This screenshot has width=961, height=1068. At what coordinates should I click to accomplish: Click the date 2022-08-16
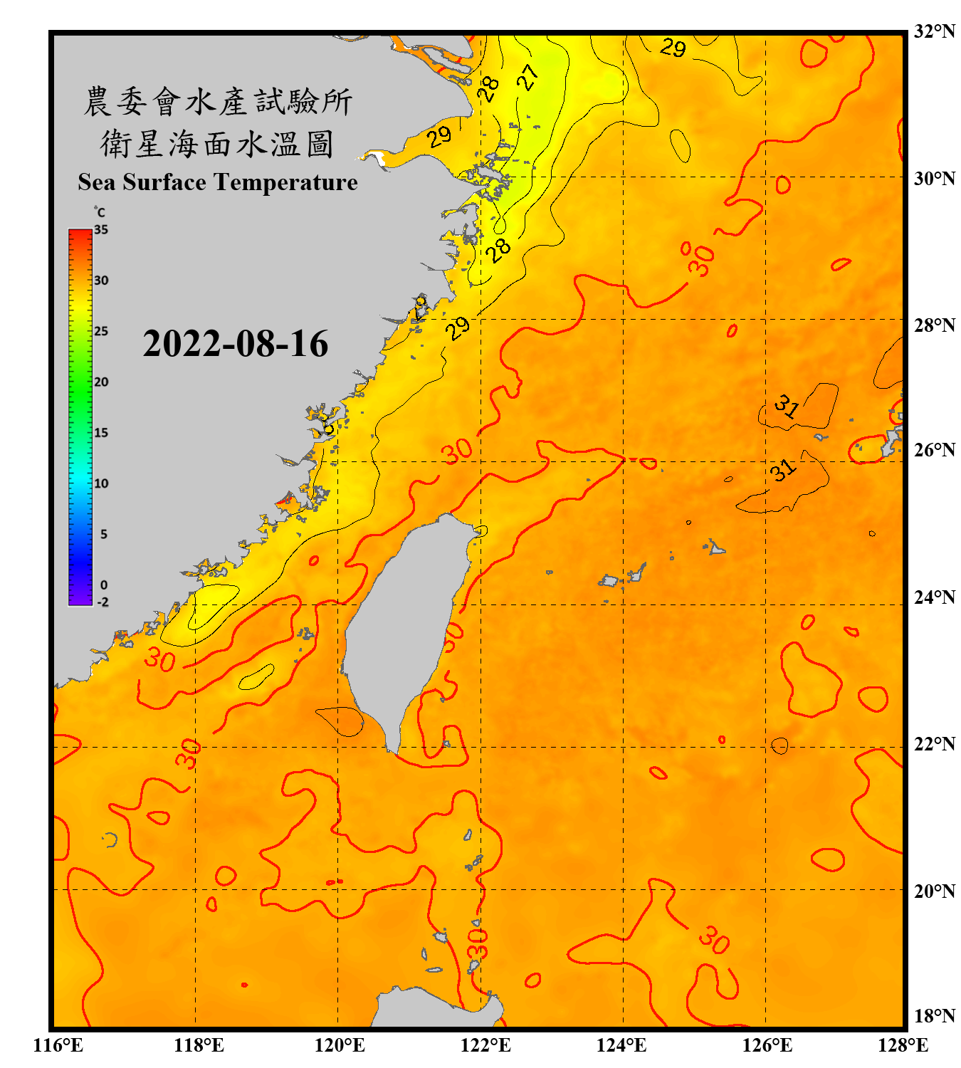235,344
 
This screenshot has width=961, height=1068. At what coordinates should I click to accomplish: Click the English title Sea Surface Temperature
218,182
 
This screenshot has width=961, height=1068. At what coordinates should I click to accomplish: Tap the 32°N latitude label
934,31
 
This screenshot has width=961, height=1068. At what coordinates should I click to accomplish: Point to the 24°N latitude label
934,597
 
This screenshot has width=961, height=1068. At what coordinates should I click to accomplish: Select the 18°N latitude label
934,1016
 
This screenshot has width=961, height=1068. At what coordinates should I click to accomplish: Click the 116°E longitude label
58,1045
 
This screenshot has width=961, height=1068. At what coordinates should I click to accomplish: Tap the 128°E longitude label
903,1045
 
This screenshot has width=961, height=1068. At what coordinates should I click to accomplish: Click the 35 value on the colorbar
101,229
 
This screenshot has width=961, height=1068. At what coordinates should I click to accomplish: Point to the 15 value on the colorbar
101,433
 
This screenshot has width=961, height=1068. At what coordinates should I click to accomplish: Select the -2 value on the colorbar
103,602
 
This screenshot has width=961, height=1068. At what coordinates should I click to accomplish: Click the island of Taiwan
406,627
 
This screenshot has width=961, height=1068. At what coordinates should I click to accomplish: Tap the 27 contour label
527,77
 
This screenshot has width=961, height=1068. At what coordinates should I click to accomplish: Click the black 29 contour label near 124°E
673,48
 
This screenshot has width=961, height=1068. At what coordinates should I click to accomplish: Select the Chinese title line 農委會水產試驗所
218,102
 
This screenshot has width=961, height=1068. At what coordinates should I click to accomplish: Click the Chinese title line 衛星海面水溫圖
218,144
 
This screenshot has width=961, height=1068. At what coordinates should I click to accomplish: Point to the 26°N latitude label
934,450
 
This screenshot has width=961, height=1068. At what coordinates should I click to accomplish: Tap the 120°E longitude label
340,1045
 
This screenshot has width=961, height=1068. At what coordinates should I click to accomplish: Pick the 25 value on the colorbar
101,331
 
